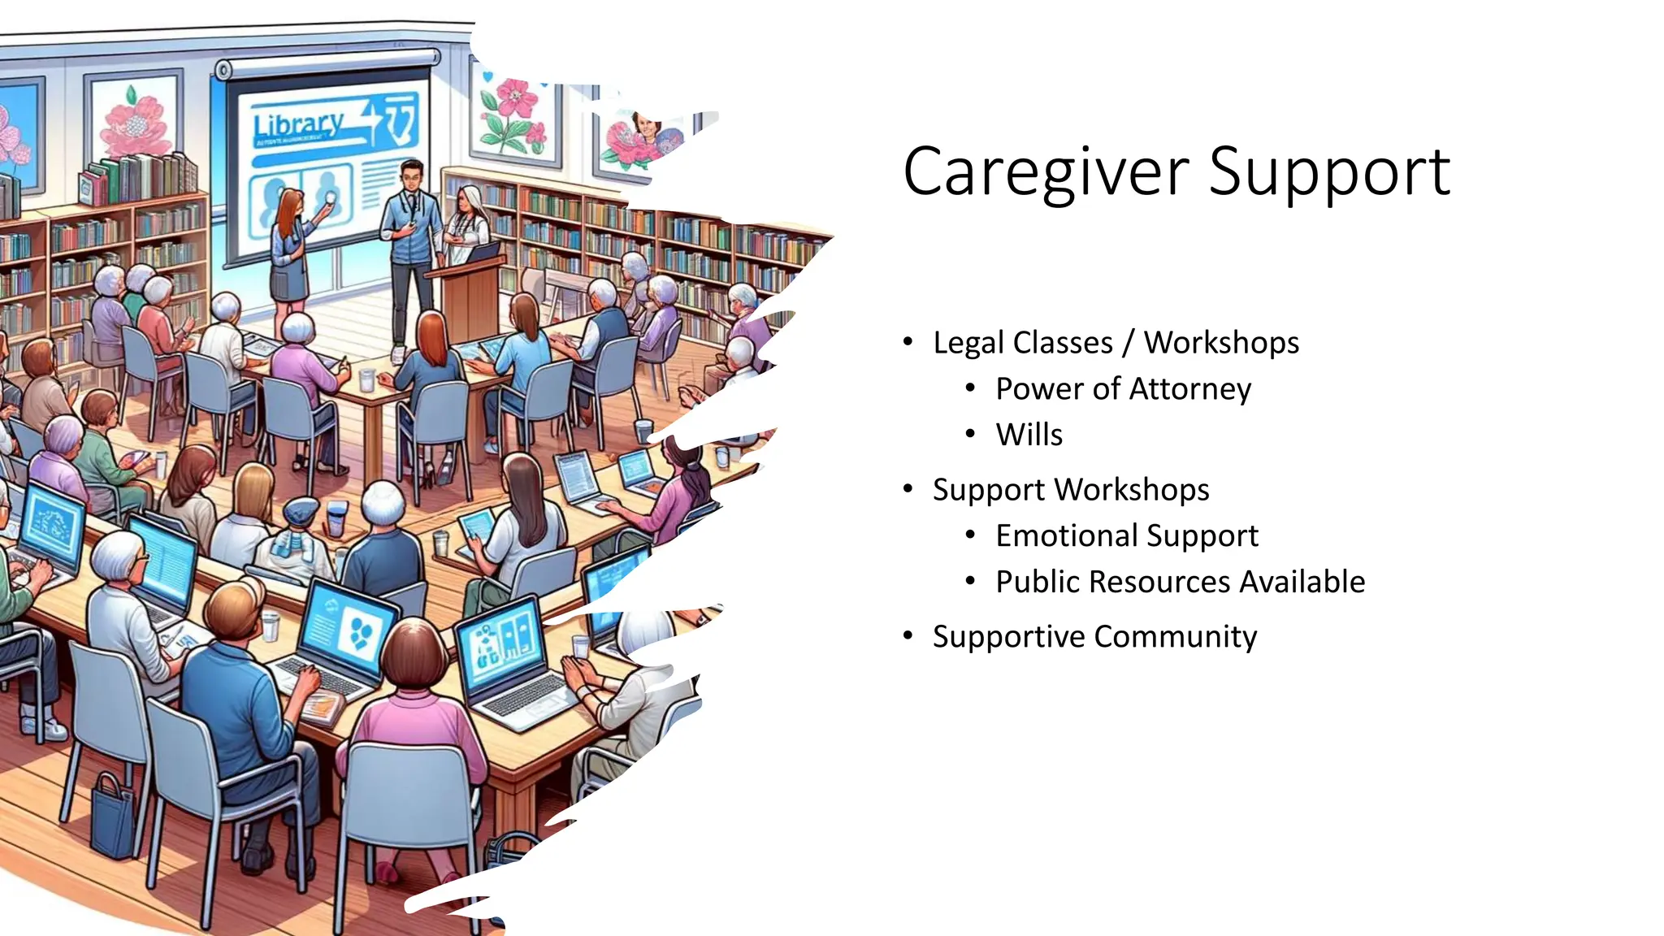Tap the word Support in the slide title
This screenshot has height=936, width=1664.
(1328, 172)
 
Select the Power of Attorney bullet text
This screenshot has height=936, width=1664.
(1123, 389)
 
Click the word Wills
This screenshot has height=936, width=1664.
(1029, 435)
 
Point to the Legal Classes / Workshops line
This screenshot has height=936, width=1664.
(1115, 343)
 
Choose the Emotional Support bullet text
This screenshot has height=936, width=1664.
(1126, 536)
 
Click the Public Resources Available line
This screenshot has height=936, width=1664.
(1180, 583)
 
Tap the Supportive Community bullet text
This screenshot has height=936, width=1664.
(1094, 637)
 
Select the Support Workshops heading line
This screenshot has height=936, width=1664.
(1070, 490)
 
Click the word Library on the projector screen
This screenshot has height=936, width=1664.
(298, 125)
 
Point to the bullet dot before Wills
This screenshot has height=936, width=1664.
(970, 435)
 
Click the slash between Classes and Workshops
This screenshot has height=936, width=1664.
(1128, 343)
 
